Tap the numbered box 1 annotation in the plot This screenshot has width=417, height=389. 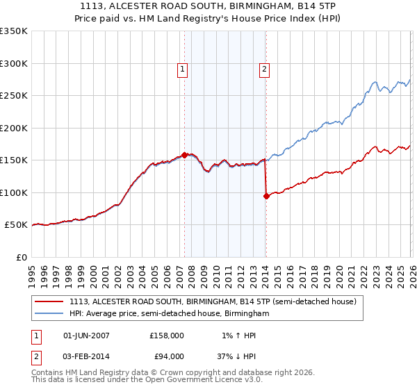(182, 69)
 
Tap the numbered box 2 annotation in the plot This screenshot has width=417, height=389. (265, 69)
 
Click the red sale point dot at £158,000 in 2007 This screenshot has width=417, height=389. (184, 155)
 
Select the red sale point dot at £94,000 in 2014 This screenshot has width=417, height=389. (266, 197)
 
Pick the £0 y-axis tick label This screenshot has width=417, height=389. (21, 257)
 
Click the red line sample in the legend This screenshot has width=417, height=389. (49, 301)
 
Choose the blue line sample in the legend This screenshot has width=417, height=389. (49, 313)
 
